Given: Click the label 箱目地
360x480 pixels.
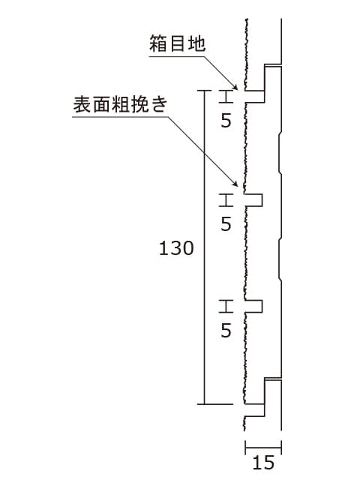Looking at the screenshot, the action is (x=177, y=43).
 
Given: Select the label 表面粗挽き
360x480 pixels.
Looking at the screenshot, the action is (x=120, y=104).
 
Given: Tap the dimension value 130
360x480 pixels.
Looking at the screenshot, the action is (x=176, y=248).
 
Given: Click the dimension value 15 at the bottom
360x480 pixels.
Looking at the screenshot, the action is (x=263, y=463).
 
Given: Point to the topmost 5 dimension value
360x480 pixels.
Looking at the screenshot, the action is (x=226, y=121).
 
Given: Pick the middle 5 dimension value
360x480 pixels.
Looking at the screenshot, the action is (x=226, y=223).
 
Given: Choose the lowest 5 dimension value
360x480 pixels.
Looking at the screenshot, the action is (x=226, y=330).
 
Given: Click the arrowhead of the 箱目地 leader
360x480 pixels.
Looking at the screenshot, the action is (x=235, y=86).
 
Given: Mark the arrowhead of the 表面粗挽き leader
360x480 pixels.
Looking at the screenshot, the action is (x=235, y=183).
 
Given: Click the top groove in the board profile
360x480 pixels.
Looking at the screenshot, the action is (x=255, y=97).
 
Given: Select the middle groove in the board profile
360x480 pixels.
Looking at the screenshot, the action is (x=253, y=200).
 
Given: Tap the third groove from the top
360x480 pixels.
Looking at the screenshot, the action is (x=253, y=307).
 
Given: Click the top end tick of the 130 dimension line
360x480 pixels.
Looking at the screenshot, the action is (x=204, y=91).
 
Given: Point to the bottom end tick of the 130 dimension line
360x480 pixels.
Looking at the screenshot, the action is (x=215, y=404).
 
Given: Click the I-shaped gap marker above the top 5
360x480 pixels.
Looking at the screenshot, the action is (x=226, y=97).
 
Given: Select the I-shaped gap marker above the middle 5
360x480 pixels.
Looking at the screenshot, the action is (x=226, y=200).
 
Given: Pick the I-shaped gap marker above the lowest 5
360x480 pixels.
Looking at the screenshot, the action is (x=226, y=307).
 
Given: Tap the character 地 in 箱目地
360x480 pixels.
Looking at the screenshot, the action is (x=196, y=43).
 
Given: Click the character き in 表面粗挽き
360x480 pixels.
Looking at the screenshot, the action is (x=159, y=104).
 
